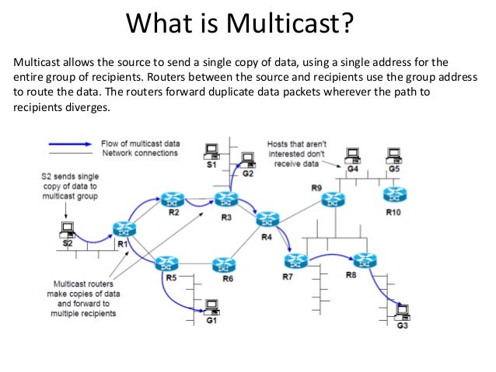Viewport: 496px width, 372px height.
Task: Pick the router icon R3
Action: pos(225,200)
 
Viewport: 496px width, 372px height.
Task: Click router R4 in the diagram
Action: pos(267,219)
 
